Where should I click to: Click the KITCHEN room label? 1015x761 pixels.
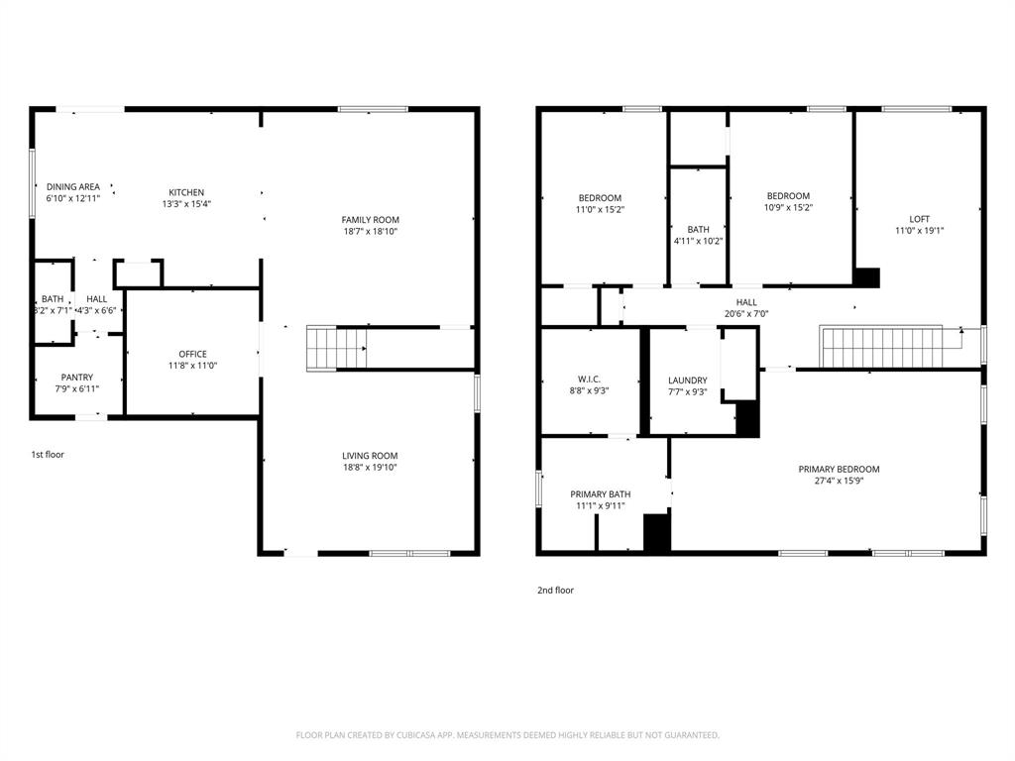coord(186,192)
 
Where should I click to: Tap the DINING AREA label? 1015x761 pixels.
coord(73,186)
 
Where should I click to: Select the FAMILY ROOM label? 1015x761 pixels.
coord(370,220)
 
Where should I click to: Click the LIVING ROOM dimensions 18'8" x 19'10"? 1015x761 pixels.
coord(370,468)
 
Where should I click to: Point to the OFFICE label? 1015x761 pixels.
coord(192,354)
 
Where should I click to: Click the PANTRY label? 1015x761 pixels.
coord(77,377)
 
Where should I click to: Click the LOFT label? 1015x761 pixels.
coord(920,220)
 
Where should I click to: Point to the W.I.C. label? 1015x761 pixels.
coord(589,380)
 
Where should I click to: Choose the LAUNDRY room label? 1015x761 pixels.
coord(688,380)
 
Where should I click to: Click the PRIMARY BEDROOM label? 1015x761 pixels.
coord(839,470)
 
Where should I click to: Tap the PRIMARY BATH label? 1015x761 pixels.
coord(600,494)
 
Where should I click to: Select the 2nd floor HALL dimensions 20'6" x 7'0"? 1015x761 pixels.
coord(746,314)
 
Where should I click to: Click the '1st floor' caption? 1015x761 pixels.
coord(48,455)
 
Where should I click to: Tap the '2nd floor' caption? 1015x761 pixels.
coord(555,591)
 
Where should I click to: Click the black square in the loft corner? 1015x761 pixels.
coord(867,277)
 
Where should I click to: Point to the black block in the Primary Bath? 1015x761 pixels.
coord(657,532)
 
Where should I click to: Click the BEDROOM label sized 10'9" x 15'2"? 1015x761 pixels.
coord(787,196)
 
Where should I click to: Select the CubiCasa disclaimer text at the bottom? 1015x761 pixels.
coord(507,735)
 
